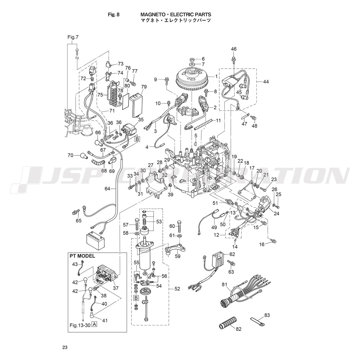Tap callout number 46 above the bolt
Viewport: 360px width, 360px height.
[234, 49]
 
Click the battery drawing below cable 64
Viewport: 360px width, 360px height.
[96, 239]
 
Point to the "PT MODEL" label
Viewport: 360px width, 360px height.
[82, 256]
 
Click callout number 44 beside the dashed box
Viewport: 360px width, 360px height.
[266, 82]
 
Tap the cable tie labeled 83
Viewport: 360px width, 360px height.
[257, 321]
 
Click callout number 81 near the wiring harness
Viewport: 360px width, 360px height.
[225, 284]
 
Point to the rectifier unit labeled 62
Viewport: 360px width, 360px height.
[218, 259]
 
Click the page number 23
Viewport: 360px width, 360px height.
[65, 347]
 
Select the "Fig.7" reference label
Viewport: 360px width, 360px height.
[73, 37]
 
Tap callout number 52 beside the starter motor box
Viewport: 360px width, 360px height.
[177, 289]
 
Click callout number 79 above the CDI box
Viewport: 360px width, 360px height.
[144, 87]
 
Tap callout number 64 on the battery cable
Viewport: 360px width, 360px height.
[107, 189]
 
